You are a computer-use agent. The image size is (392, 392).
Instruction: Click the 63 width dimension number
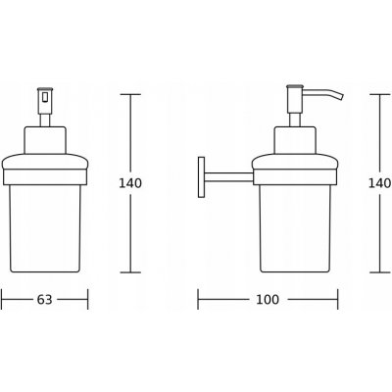[x=44, y=299]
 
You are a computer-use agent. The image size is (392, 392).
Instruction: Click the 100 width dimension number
[x=268, y=299]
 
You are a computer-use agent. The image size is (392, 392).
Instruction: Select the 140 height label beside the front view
[x=130, y=183]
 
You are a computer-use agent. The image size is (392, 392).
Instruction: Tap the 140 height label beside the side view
[x=380, y=183]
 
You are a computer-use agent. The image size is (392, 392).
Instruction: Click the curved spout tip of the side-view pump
[x=341, y=97]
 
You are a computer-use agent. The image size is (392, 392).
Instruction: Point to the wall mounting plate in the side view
[x=201, y=177]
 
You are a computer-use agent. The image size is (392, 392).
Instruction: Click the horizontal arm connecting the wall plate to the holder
[x=228, y=177]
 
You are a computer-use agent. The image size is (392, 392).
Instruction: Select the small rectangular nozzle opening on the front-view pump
[x=45, y=97]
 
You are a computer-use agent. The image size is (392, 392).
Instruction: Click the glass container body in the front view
[x=45, y=228]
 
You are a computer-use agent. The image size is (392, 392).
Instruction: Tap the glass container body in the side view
[x=295, y=228]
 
